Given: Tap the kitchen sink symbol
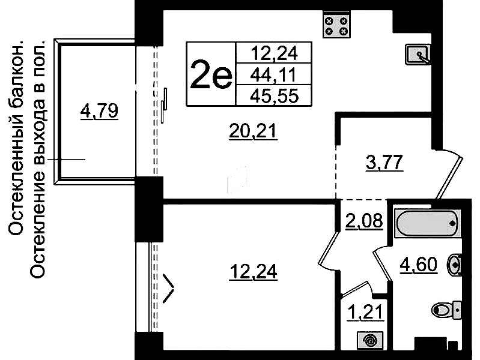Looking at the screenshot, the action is pos(418,55).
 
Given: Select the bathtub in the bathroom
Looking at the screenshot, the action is pos(428,223).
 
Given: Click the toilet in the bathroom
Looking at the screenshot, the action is pos(446,310).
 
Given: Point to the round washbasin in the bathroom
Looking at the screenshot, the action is pos(455,264).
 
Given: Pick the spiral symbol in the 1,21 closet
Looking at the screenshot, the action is pos(370,340).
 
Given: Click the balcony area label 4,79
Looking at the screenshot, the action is pos(99,111).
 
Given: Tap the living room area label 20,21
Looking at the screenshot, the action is pos(253,132).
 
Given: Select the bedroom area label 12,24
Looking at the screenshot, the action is pos(254,272).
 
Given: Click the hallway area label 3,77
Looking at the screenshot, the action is pos(384,163).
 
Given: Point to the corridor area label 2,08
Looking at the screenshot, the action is pos(364,221).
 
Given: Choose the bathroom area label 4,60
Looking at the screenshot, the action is pos(419,265).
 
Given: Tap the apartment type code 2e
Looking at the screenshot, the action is pos(211,74).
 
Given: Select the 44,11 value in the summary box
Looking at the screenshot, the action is pos(273,75).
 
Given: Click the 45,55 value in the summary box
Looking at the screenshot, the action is pos(275,96).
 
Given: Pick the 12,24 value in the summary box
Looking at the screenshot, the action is pos(275,53).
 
